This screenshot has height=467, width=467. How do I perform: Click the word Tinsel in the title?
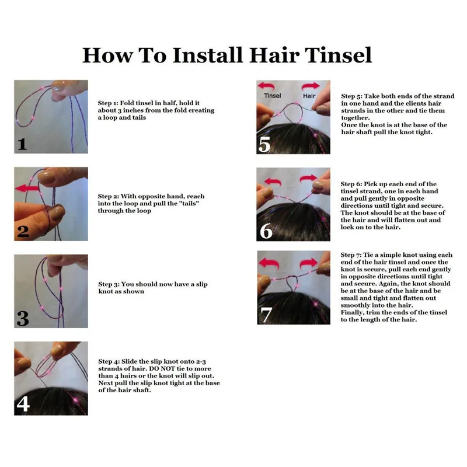tap(338, 55)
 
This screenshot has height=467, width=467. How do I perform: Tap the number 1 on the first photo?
tap(22, 144)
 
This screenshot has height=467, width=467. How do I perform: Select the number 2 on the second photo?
tap(23, 232)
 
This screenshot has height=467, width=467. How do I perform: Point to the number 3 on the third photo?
tap(23, 318)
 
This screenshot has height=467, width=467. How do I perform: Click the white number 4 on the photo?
tap(23, 404)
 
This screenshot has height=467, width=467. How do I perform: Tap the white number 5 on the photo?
tap(264, 144)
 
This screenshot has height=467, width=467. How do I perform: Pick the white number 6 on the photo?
tap(266, 231)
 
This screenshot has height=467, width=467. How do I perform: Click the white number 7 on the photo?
tap(266, 315)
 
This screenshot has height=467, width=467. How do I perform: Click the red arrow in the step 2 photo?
tap(27, 188)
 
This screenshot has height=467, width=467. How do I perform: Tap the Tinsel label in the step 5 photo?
tap(272, 96)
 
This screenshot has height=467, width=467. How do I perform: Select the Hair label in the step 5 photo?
tap(309, 96)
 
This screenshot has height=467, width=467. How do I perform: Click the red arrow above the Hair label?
tap(311, 86)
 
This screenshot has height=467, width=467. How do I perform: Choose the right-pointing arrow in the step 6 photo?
tap(308, 179)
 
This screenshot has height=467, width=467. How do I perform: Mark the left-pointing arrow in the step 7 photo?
tap(269, 263)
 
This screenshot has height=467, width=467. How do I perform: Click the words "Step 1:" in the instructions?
tap(108, 103)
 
